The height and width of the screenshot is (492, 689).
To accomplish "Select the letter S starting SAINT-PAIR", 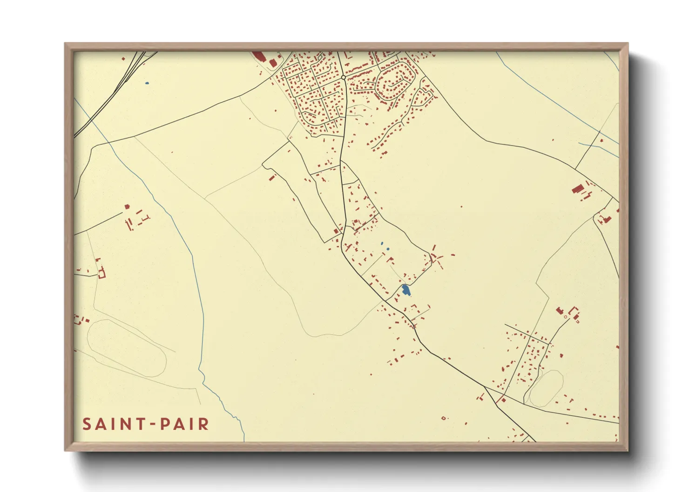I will tap(87, 424).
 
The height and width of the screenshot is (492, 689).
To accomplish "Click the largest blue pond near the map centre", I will tap(406, 290).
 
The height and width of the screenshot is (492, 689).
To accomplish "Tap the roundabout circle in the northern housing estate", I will tap(343, 77).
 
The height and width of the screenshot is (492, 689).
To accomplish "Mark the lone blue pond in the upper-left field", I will tap(147, 83).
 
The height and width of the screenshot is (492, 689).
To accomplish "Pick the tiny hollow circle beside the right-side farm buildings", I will tap(566, 317).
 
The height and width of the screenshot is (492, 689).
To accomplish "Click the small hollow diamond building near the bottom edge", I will tap(443, 418).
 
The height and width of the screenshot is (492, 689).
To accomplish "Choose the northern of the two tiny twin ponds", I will tap(382, 243).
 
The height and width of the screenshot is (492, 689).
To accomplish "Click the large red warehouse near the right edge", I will tap(578, 188).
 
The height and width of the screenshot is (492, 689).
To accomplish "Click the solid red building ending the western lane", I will tap(127, 206).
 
